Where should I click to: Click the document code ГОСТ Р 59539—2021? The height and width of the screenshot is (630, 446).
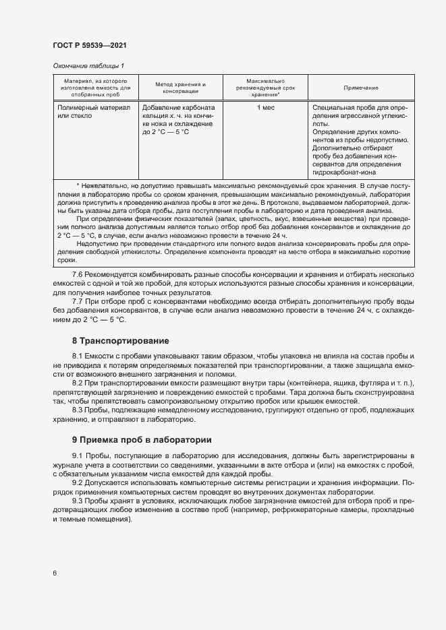point(89,45)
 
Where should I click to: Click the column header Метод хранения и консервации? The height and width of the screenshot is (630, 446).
point(180,88)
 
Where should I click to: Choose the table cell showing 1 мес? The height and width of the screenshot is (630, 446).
point(266,108)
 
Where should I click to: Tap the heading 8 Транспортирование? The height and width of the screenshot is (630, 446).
point(120,340)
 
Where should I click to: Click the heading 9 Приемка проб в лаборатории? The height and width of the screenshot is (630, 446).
point(142,440)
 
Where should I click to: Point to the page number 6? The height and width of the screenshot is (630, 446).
point(55,573)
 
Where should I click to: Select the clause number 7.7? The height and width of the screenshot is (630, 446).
point(78,302)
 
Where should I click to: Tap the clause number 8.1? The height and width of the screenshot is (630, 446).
point(78,355)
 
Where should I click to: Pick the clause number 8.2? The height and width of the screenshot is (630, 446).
point(78,382)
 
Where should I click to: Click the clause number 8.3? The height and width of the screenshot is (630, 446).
point(78,409)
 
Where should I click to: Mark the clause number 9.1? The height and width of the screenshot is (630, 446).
point(78,456)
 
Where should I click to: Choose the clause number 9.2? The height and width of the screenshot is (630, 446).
point(78,483)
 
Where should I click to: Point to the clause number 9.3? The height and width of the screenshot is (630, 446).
point(78,502)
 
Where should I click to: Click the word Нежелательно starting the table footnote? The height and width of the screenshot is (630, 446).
point(103,185)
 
